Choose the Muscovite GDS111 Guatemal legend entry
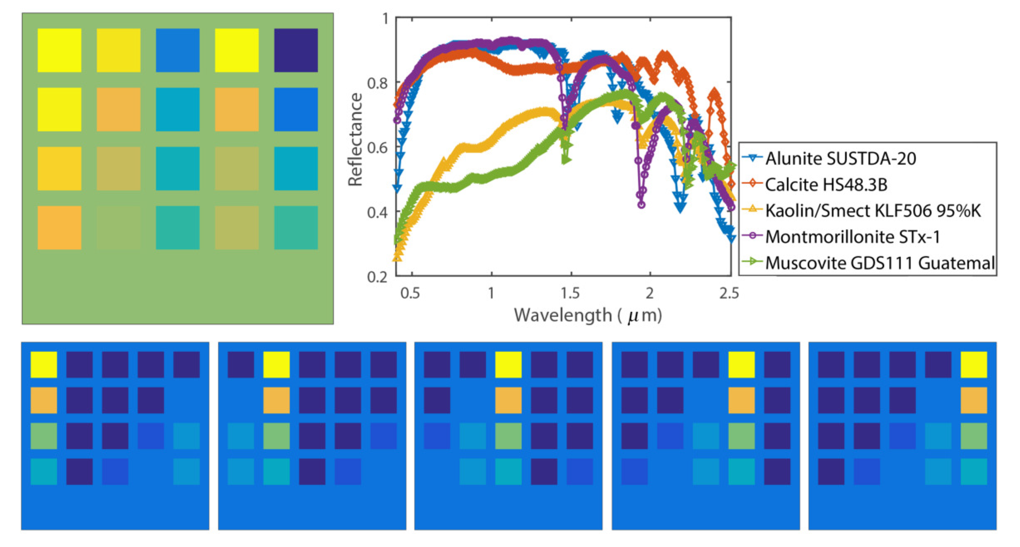879,263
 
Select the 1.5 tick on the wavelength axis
571,293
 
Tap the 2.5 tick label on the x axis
729,293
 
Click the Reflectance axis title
355,140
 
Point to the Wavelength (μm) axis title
588,315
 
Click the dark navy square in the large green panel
296,50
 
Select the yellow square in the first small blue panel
43,364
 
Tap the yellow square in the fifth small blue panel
974,364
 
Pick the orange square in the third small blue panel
508,400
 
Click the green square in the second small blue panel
276,436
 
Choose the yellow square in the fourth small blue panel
741,364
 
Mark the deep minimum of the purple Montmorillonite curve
641,204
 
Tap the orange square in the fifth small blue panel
974,400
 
